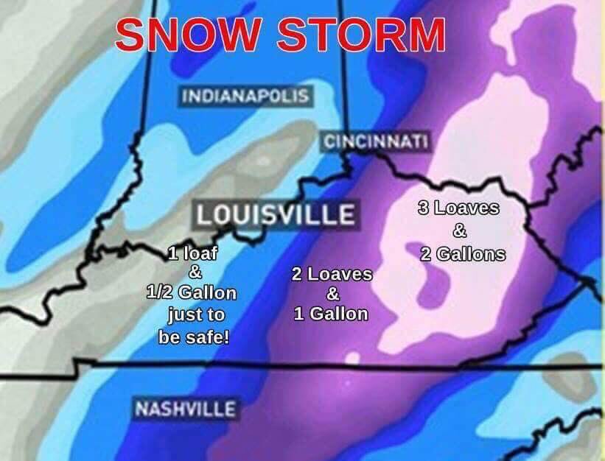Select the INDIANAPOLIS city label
click(245, 96)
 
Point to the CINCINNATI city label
click(377, 141)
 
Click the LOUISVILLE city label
click(275, 214)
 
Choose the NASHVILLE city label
click(184, 409)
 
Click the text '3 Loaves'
click(458, 208)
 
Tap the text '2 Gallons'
click(463, 255)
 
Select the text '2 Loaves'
click(332, 275)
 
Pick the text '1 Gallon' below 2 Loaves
click(331, 313)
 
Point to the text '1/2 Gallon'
click(192, 292)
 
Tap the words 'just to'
click(195, 316)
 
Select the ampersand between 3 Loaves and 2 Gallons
click(459, 231)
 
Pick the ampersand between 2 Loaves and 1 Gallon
click(332, 294)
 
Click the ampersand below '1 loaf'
click(195, 273)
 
